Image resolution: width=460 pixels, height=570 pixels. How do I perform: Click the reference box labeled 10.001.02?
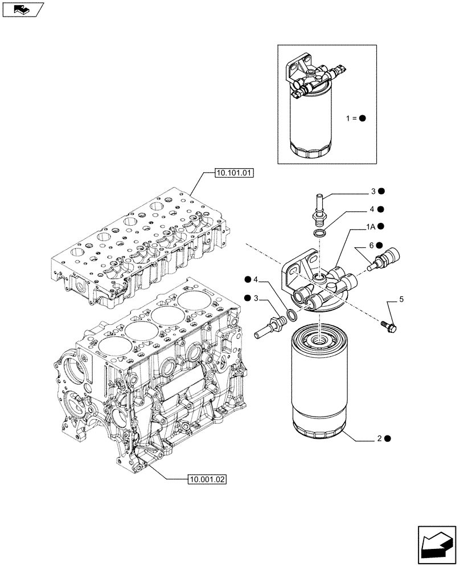pos(206,479)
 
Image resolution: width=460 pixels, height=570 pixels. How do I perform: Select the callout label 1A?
pos(370,227)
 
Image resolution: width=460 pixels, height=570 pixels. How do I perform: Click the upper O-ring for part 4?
pos(321,233)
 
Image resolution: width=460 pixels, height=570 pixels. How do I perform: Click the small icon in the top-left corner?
pos(22,10)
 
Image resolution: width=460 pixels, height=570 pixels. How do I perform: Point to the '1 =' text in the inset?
pos(350,119)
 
